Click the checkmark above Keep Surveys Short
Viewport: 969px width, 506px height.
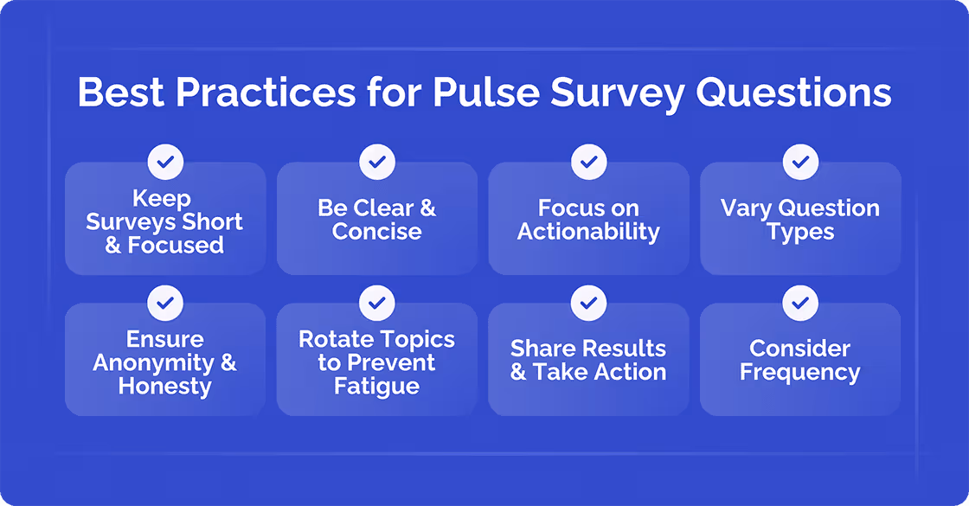pos(165,162)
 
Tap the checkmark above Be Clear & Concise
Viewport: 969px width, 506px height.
pos(376,162)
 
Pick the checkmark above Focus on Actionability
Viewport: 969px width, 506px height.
pos(588,162)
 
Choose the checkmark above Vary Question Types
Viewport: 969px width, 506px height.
pos(800,162)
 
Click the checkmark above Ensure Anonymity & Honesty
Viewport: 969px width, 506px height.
pos(165,303)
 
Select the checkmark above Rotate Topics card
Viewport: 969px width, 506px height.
pos(376,303)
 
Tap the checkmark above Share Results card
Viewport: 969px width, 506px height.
pos(588,303)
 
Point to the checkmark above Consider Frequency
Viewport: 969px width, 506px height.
pos(800,303)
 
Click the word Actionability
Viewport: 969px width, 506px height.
pos(588,232)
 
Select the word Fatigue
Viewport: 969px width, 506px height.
pos(376,386)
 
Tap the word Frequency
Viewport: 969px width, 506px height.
pos(800,373)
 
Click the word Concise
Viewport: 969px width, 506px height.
pos(376,232)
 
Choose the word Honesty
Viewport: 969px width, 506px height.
pos(165,386)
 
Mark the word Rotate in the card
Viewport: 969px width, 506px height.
pos(332,339)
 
